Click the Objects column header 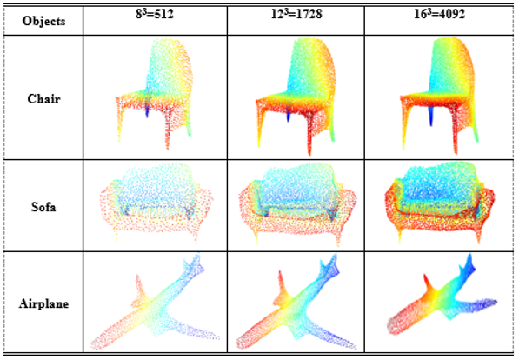(43, 21)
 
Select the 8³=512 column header (155, 14)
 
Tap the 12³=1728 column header (296, 14)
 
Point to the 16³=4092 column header (439, 14)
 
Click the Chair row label (43, 98)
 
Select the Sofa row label (43, 207)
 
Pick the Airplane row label (43, 303)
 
